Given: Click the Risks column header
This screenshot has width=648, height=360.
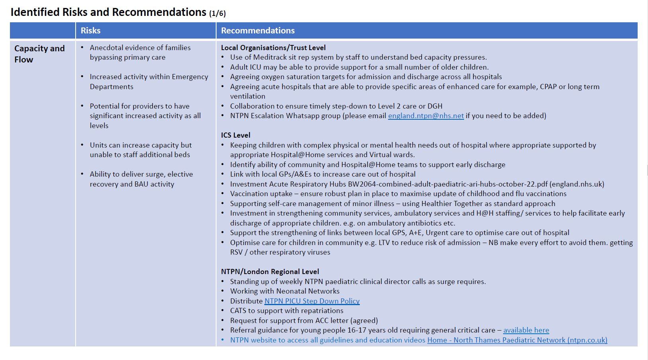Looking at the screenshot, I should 91,31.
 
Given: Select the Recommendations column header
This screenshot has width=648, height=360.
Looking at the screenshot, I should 258,31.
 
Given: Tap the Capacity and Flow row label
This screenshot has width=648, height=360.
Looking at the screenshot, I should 39,54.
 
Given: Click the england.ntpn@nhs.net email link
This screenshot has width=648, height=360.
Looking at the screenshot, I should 426,116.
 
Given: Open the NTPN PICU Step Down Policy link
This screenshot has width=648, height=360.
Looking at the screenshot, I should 312,301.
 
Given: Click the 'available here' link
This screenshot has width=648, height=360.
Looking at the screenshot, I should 526,330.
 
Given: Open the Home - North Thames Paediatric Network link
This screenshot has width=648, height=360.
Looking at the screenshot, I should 517,340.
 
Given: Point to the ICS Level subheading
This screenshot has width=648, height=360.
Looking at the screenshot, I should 236,135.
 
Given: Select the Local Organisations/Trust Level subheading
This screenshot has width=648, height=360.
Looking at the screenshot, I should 273,48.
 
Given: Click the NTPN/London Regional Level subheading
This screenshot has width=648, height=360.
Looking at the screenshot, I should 270,272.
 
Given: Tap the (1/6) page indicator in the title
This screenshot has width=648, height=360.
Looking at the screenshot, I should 217,14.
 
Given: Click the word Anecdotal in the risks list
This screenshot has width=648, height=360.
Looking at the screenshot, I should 106,48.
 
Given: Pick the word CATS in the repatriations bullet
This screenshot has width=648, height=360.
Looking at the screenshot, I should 238,311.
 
